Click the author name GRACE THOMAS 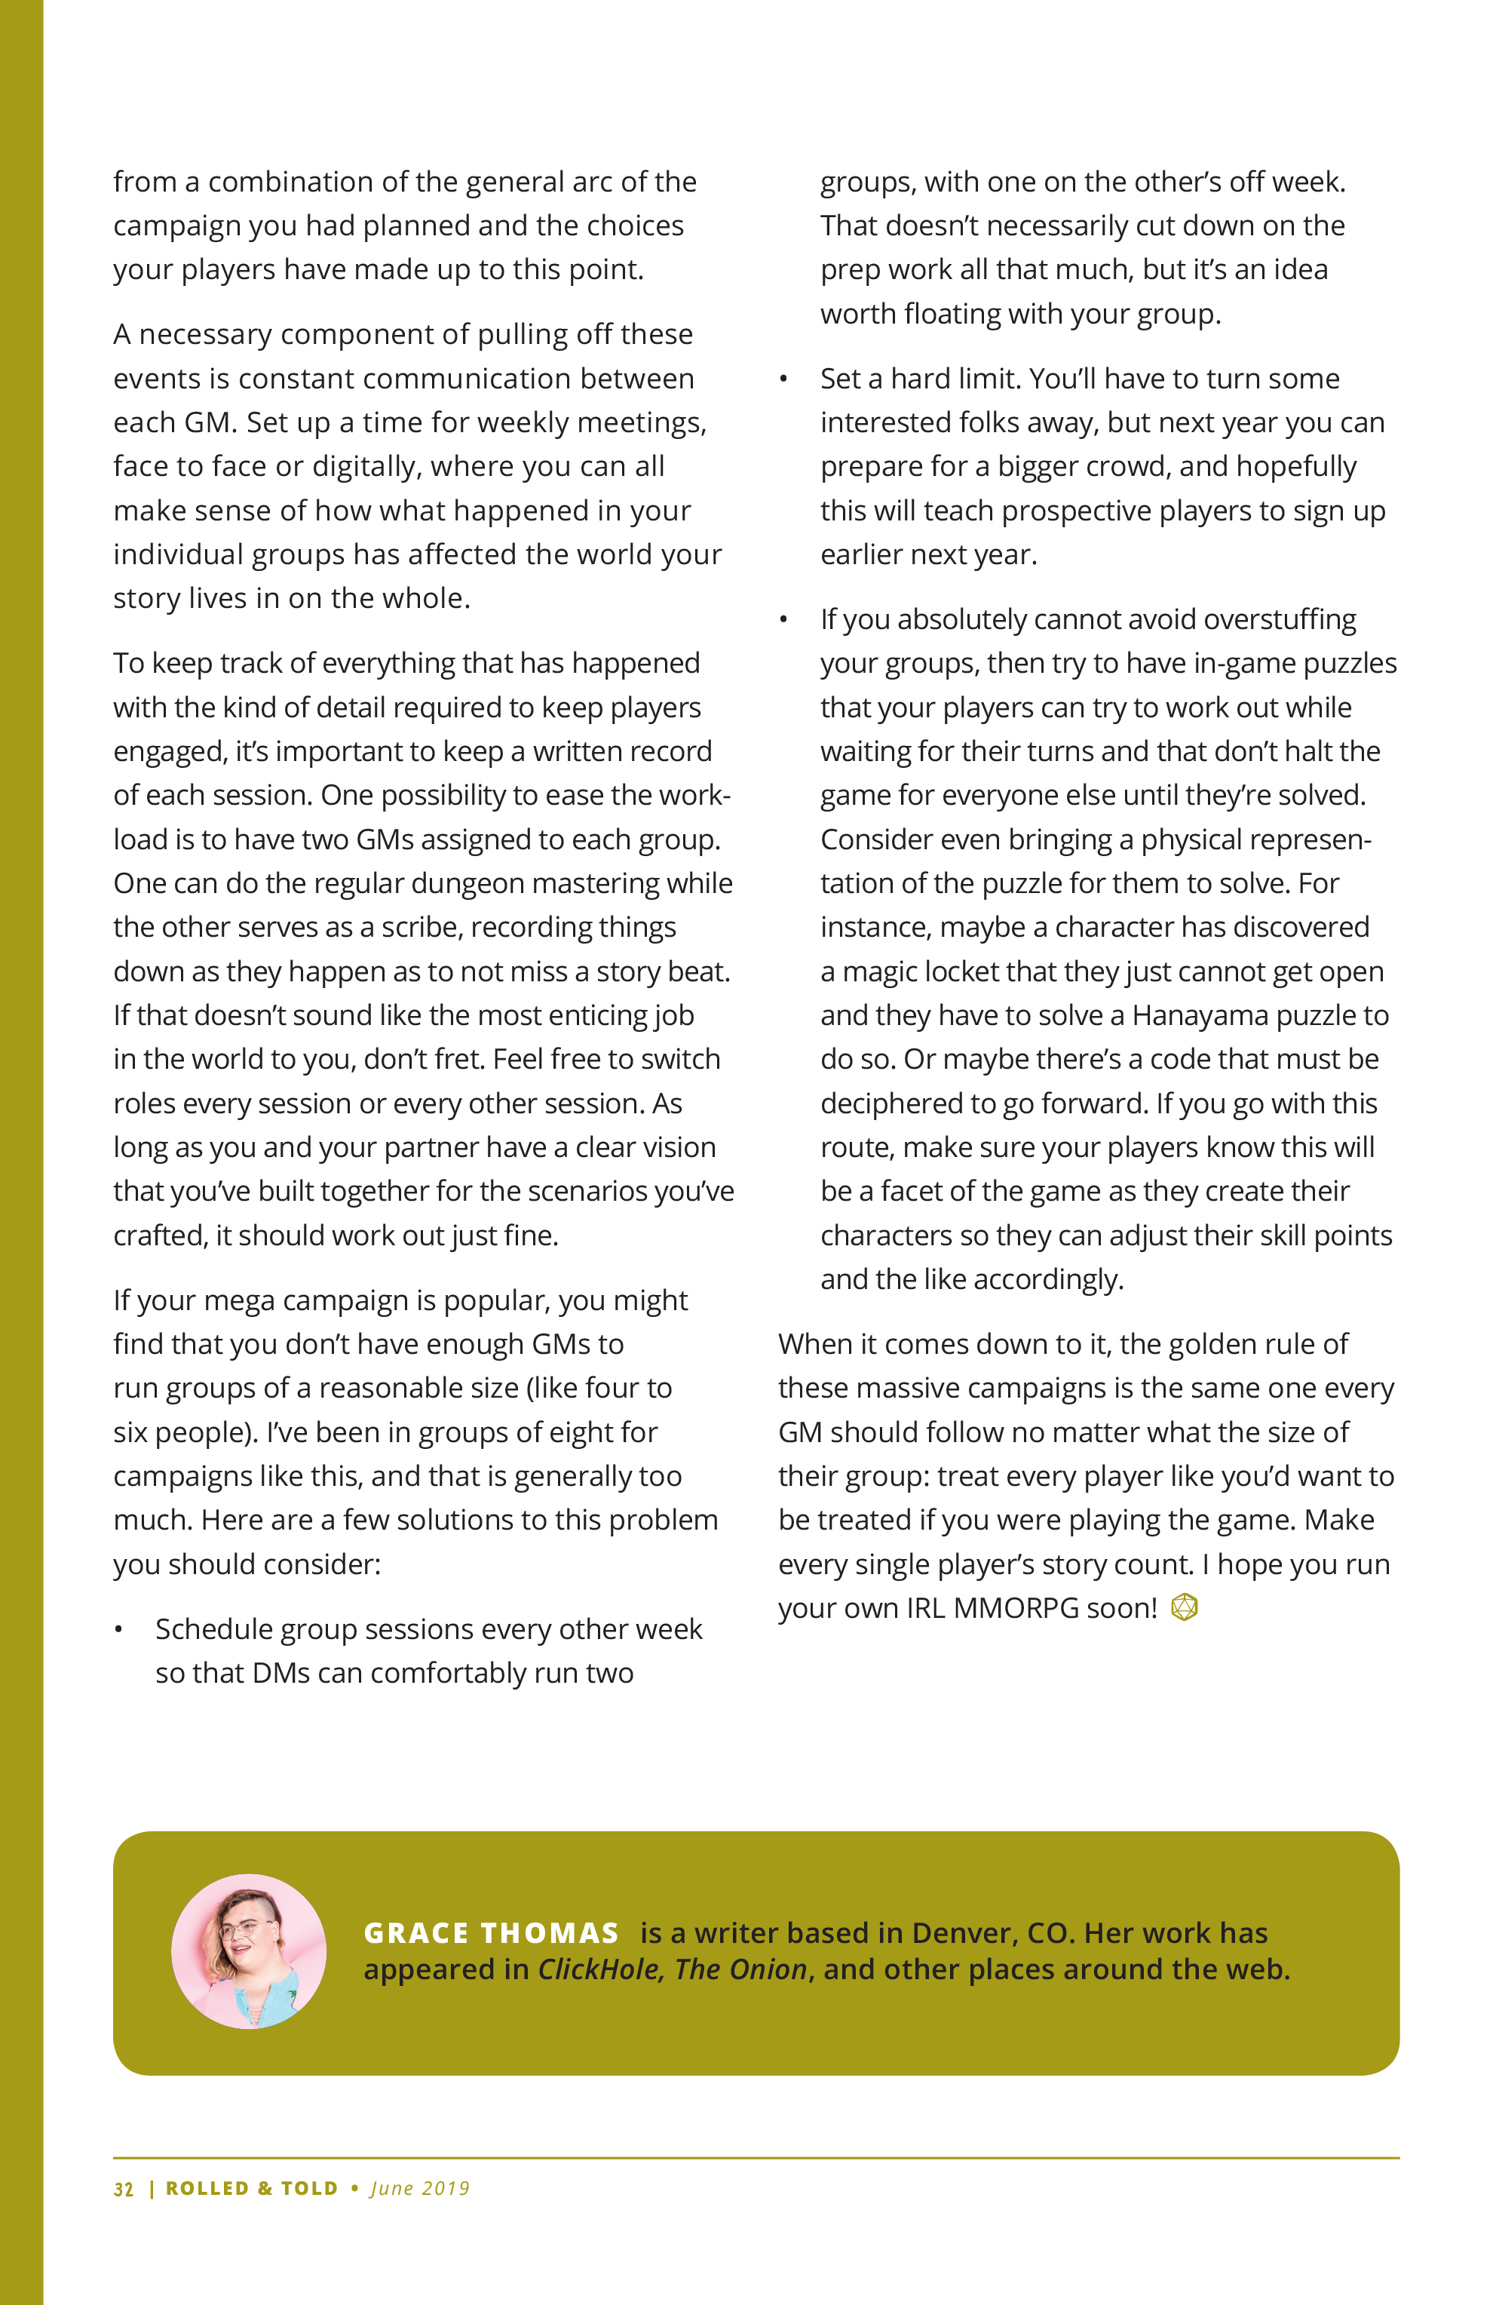point(491,1933)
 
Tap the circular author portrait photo point(249,1951)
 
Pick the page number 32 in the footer point(123,2189)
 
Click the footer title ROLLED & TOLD point(252,2189)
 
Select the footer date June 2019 point(420,2189)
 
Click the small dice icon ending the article point(1185,1607)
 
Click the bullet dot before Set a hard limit point(783,379)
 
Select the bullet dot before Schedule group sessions point(119,1631)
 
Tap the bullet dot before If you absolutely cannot point(783,621)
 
